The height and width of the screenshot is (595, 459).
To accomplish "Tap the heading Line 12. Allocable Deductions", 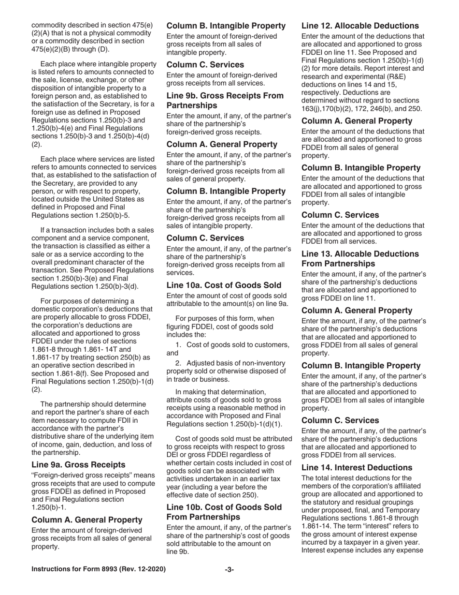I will pyautogui.click(x=360, y=26).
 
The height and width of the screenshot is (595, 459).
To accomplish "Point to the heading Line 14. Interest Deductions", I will pyautogui.click(x=357, y=467).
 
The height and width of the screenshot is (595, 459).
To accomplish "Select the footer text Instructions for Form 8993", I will pyautogui.click(x=99, y=569).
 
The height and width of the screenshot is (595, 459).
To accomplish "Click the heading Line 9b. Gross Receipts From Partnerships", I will pyautogui.click(x=225, y=100).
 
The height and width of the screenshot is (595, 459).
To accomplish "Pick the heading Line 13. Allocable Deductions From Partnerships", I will pyautogui.click(x=360, y=258).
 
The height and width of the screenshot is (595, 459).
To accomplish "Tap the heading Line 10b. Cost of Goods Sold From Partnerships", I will pyautogui.click(x=224, y=512).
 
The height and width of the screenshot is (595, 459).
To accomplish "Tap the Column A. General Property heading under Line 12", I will pyautogui.click(x=357, y=121).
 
